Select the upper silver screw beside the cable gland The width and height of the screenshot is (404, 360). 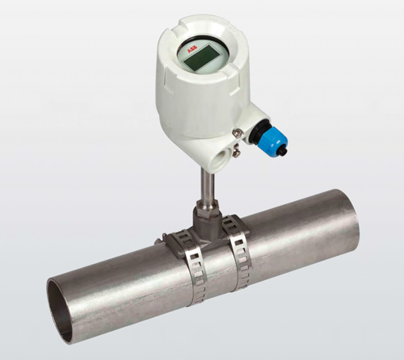[x=236, y=132]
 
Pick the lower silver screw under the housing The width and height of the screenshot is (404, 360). [x=237, y=153]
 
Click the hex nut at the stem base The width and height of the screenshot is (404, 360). [x=206, y=207]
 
